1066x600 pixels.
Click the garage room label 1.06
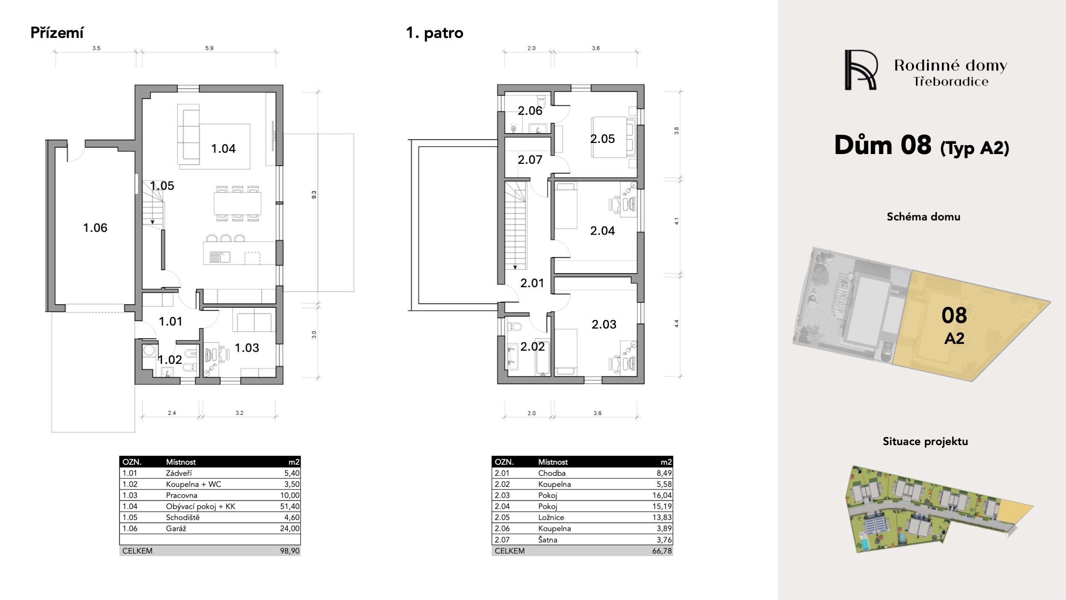[x=95, y=228]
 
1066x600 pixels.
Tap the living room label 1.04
[x=223, y=149]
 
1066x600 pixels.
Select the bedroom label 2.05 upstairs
[x=603, y=139]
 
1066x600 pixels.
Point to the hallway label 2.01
[x=532, y=283]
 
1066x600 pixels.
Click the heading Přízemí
[x=57, y=33]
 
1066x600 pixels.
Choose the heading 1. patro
[x=435, y=33]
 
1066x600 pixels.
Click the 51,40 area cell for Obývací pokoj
[x=290, y=507]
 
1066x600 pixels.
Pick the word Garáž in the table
[x=176, y=528]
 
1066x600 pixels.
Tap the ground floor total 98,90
[x=290, y=551]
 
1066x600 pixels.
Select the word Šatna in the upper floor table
[x=547, y=539]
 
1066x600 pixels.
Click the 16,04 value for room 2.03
[x=662, y=495]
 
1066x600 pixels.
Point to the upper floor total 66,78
[x=662, y=551]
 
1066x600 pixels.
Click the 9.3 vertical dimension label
[x=314, y=195]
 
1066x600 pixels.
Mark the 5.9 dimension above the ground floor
[x=209, y=48]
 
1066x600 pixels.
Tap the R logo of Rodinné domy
[x=861, y=70]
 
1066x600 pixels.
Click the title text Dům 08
[x=883, y=145]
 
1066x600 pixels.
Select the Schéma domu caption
[x=924, y=217]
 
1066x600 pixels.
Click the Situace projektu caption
[x=925, y=442]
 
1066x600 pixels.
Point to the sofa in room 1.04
[x=188, y=134]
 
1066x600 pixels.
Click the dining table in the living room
[x=238, y=203]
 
